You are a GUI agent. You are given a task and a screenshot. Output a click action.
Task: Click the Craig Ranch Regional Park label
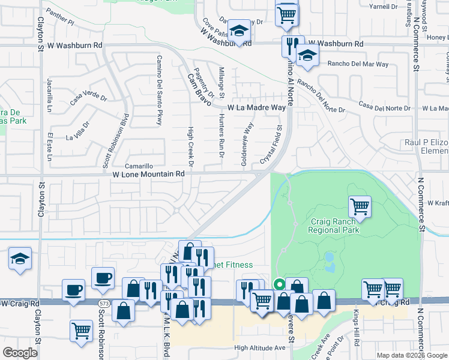pyautogui.click(x=334, y=225)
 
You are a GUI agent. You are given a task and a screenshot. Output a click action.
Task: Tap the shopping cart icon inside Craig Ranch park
pyautogui.click(x=360, y=206)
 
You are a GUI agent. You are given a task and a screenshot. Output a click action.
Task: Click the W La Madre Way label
pyautogui.click(x=256, y=107)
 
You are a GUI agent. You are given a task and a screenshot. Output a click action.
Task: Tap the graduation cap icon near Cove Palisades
pyautogui.click(x=239, y=32)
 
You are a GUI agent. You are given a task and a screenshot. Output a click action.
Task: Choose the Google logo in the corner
pyautogui.click(x=20, y=353)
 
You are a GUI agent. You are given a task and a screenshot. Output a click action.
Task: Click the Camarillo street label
pyautogui.click(x=139, y=166)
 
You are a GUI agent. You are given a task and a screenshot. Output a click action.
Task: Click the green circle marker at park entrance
pyautogui.click(x=279, y=284)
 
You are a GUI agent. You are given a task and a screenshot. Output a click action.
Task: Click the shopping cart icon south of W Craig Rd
pyautogui.click(x=80, y=329)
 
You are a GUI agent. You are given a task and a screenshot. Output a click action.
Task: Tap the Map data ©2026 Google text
pyautogui.click(x=411, y=355)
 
